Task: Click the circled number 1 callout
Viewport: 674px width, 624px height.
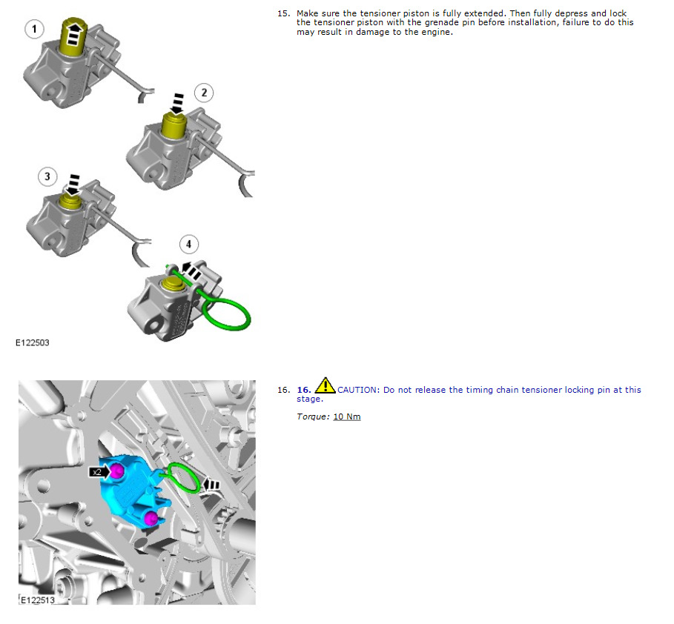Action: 34,29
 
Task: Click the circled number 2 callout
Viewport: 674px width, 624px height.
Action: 204,93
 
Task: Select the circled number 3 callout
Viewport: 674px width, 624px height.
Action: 47,176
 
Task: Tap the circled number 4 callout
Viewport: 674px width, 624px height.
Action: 188,245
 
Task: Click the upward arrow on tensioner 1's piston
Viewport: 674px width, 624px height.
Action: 74,33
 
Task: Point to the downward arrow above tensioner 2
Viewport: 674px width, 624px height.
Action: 176,104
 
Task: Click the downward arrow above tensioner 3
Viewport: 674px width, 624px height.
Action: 73,185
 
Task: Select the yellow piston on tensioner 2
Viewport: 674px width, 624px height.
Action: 174,125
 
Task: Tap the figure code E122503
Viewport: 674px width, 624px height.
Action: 32,343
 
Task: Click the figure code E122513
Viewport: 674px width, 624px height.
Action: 38,600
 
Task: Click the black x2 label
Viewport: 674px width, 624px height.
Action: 99,472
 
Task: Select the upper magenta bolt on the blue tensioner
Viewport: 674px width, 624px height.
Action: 117,471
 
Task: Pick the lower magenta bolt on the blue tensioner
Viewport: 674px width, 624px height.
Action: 150,518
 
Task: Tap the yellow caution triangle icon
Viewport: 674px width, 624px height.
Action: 326,385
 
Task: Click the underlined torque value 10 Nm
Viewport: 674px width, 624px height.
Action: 347,416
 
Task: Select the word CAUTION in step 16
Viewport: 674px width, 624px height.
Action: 358,390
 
